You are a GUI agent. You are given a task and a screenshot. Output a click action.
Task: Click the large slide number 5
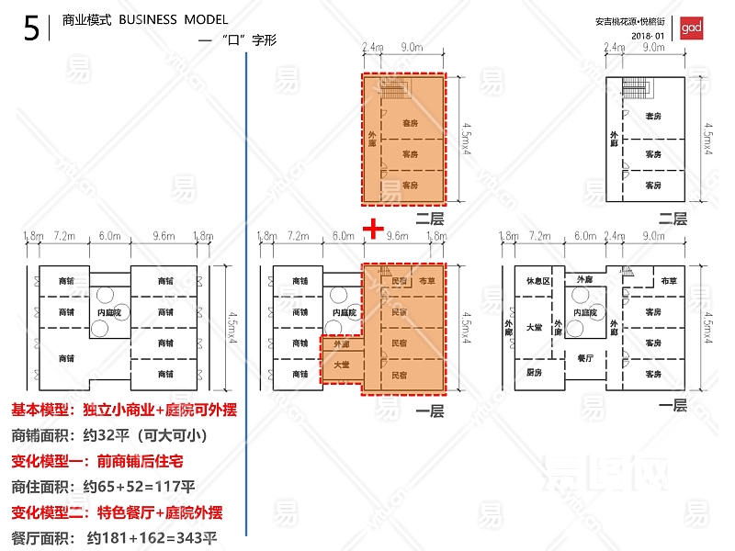pyautogui.click(x=31, y=30)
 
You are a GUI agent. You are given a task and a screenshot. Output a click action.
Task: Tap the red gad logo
pyautogui.click(x=691, y=28)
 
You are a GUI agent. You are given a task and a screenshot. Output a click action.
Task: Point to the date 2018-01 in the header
pyautogui.click(x=648, y=35)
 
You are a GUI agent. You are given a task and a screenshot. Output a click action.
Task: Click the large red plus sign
pyautogui.click(x=372, y=227)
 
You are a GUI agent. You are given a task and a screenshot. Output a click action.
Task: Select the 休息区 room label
pyautogui.click(x=537, y=281)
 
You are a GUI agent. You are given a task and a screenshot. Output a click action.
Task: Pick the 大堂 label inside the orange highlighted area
pyautogui.click(x=341, y=365)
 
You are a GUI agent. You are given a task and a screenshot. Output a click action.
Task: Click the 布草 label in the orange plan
pyautogui.click(x=426, y=281)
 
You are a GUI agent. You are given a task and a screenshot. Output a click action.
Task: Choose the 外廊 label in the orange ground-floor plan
pyautogui.click(x=341, y=344)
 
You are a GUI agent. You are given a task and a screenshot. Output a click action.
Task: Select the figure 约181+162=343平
pyautogui.click(x=153, y=537)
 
